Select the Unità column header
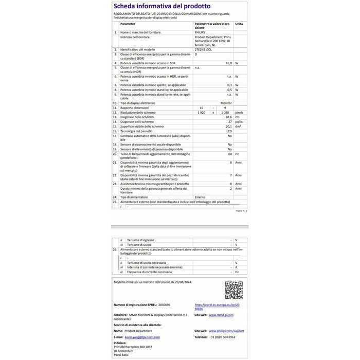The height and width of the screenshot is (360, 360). tap(239, 24)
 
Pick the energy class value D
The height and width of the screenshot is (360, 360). tap(196, 54)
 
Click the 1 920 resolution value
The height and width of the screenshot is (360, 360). tap(201, 112)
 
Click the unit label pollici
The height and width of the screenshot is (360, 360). tap(239, 122)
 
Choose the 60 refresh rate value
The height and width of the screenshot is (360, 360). tap(230, 154)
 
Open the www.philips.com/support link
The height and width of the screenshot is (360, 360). tap(227, 330)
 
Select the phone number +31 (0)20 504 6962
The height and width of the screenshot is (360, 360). tap(222, 337)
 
